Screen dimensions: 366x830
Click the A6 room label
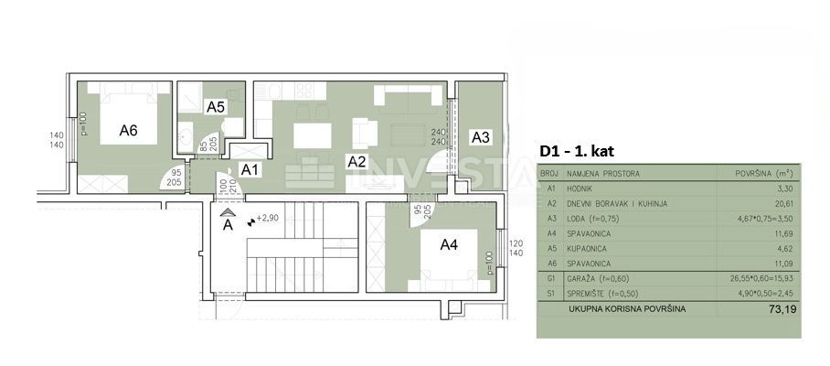128,131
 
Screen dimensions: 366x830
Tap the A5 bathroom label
215,107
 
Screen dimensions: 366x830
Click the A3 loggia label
480,137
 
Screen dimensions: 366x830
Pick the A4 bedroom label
449,244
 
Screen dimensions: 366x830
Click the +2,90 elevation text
268,219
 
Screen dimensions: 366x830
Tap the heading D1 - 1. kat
583,150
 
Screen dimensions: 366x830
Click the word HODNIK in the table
581,188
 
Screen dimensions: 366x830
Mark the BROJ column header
549,172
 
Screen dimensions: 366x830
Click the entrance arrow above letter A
228,210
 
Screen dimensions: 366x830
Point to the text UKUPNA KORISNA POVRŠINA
625,309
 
